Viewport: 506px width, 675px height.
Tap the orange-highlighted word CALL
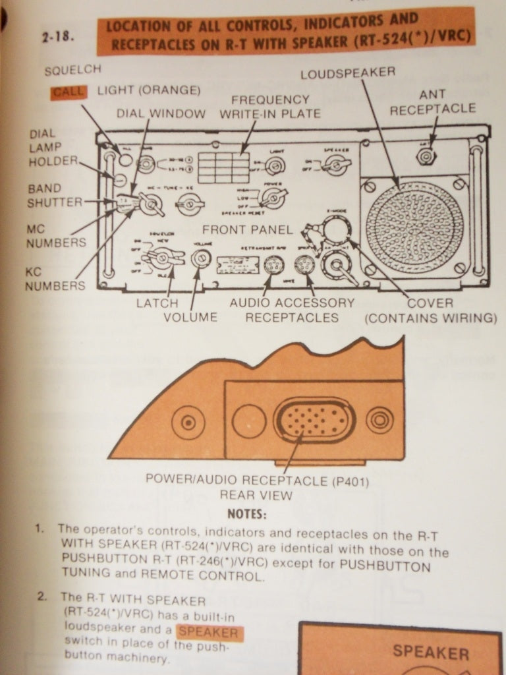(69, 92)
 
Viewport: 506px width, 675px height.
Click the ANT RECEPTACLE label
(432, 102)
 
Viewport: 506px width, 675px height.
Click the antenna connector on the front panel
(426, 156)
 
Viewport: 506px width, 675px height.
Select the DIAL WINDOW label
(161, 113)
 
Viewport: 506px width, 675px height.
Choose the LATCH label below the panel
(157, 303)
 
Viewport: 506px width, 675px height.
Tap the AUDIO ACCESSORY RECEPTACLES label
(291, 310)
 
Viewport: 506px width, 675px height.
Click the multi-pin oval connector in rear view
(314, 420)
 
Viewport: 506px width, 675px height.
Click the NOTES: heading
(247, 514)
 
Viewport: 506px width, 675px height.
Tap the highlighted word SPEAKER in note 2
(208, 633)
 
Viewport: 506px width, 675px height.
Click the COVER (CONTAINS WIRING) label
(430, 310)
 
